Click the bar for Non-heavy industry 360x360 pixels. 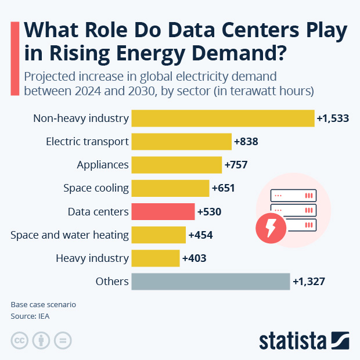coord(223,118)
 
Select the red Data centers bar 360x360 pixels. coord(163,212)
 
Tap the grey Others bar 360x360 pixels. coord(210,282)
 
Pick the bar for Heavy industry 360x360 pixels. coord(156,258)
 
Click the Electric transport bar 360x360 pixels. coord(181,142)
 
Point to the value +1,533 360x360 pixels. coord(333,118)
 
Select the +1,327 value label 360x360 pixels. coord(308,282)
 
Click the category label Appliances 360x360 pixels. coord(103,165)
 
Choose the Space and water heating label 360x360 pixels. coord(70,235)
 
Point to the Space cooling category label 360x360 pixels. coord(96,188)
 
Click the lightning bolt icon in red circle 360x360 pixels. coord(271,229)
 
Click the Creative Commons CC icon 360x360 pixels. coord(20,340)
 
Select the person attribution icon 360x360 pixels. coord(41,340)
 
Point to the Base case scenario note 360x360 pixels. coord(43,305)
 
